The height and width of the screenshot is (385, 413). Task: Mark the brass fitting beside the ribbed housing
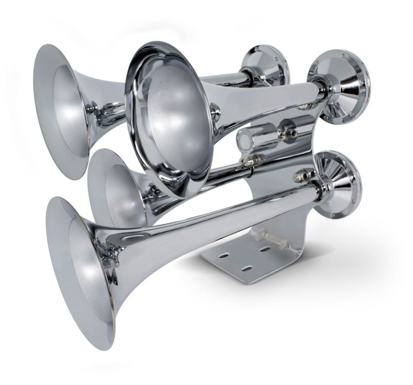coord(305,175)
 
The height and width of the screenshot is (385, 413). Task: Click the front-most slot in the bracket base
coord(247,268)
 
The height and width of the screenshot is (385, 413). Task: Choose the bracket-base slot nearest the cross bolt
coord(266,249)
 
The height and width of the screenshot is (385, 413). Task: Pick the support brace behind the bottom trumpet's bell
coord(109,259)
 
